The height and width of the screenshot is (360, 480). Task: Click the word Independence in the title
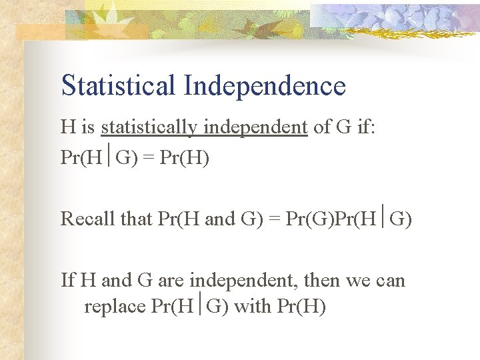point(265,86)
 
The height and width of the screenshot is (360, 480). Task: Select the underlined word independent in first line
point(256,126)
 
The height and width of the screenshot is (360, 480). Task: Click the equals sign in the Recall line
point(274,218)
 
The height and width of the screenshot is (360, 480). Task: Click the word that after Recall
point(137,218)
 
